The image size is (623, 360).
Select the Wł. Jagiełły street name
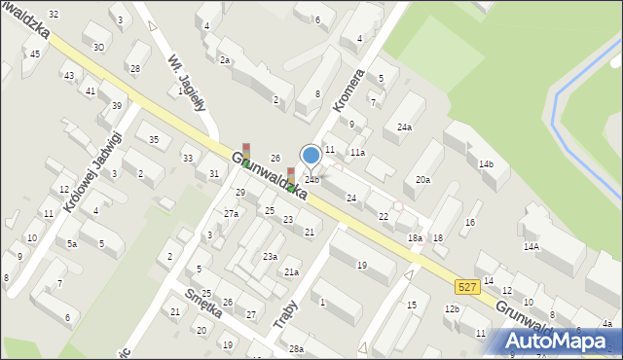point(186,82)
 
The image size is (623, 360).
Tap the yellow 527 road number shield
point(466,286)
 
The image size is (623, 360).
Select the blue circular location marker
point(311,155)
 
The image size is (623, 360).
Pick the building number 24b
point(311,179)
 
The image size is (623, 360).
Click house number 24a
point(404,126)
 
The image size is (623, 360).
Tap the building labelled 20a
point(422,179)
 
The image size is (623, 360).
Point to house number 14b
point(486,163)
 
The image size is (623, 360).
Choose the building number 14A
point(531,246)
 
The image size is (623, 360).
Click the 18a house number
point(415,237)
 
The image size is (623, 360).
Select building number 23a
point(270,256)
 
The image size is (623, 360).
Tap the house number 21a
point(291,272)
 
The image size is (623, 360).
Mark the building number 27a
point(231,213)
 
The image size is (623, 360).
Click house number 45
point(35,54)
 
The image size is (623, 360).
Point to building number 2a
point(224,60)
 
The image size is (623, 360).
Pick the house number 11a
point(357,153)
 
